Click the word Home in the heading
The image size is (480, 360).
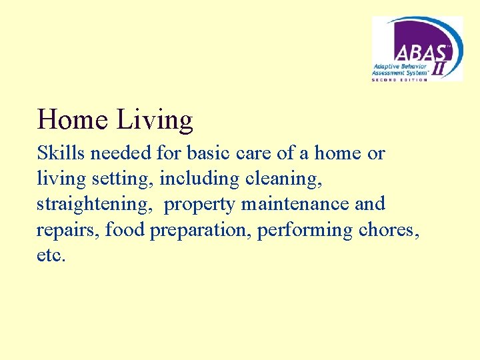point(73,120)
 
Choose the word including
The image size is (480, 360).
point(199,179)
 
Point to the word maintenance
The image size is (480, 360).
point(295,204)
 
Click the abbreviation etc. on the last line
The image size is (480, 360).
point(51,255)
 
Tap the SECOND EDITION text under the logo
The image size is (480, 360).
point(399,79)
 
